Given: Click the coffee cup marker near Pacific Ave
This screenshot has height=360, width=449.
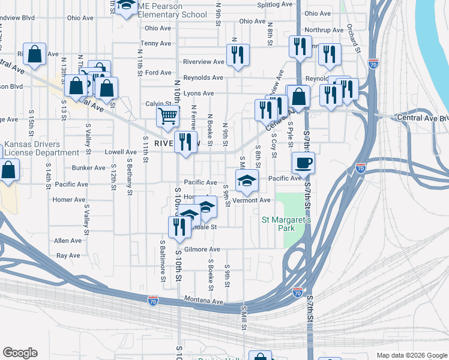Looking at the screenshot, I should click(x=303, y=163).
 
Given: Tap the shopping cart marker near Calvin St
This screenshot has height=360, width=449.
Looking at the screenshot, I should click(x=168, y=116).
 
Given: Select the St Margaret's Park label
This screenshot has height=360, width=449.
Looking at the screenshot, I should click(x=286, y=224).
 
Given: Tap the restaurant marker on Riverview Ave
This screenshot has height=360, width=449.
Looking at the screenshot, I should click(x=238, y=56).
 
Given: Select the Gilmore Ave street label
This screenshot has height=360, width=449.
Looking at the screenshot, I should click(x=202, y=249).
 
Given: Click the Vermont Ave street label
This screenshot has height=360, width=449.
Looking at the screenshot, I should click(x=253, y=200).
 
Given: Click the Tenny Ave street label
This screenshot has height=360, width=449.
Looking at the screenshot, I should click(x=157, y=43).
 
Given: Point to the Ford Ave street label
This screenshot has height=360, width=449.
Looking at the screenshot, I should click(x=158, y=73).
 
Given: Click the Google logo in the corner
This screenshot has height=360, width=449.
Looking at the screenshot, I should click(x=20, y=353).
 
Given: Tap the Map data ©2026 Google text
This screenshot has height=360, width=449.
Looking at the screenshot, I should click(x=412, y=355).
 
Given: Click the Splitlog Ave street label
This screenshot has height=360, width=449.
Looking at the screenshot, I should click(x=274, y=4).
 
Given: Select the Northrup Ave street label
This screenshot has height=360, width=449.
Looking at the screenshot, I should click(x=324, y=29).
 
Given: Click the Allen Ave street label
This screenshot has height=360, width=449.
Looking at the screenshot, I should click(x=67, y=241).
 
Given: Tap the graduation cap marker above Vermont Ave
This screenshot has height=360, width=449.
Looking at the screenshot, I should click(x=246, y=179).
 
